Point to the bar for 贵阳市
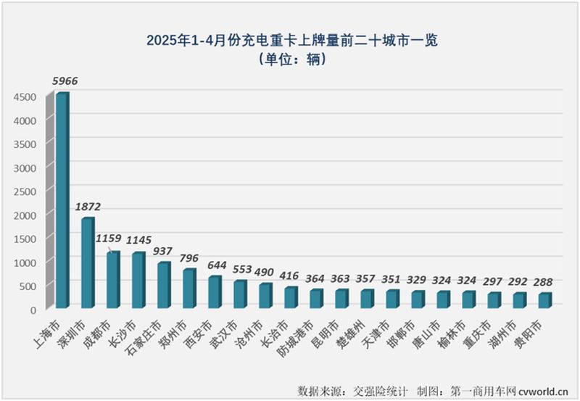pos(544,301)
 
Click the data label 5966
pos(64,82)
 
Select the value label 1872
pos(88,207)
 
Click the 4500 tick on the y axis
pos(25,96)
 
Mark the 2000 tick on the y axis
pos(25,215)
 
